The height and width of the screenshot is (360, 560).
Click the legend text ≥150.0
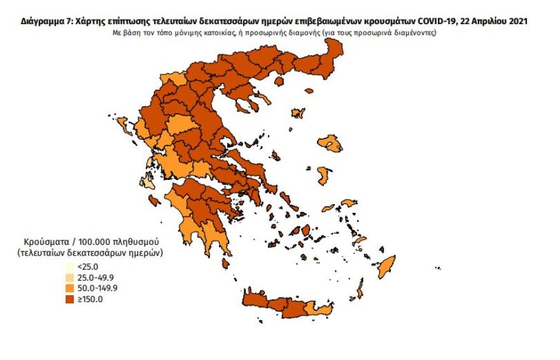(90, 299)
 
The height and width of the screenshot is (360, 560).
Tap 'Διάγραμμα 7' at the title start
(45, 22)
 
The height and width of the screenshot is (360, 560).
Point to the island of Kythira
(225, 263)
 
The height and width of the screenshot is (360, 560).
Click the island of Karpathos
(360, 293)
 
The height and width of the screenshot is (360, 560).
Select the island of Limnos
(297, 114)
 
